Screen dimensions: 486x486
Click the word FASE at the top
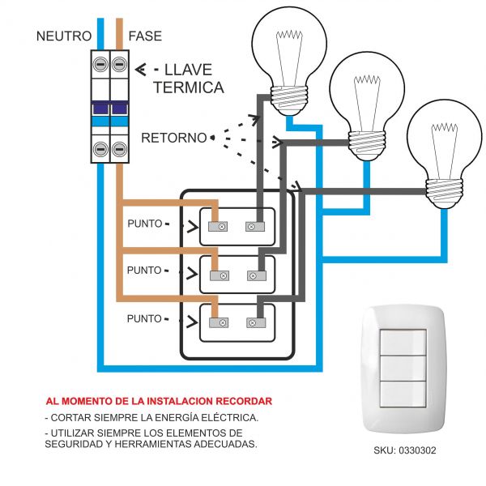click(145, 36)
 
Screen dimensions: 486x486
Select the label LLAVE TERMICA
click(188, 79)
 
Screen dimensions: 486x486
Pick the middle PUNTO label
click(145, 271)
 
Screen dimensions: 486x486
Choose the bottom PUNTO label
click(145, 318)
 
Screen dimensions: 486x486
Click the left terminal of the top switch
click(218, 228)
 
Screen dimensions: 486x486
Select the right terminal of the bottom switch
click(254, 322)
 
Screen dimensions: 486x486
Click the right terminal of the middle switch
click(254, 275)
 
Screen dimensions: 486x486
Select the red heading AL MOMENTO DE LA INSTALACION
click(159, 401)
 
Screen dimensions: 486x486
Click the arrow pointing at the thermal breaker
click(141, 70)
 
